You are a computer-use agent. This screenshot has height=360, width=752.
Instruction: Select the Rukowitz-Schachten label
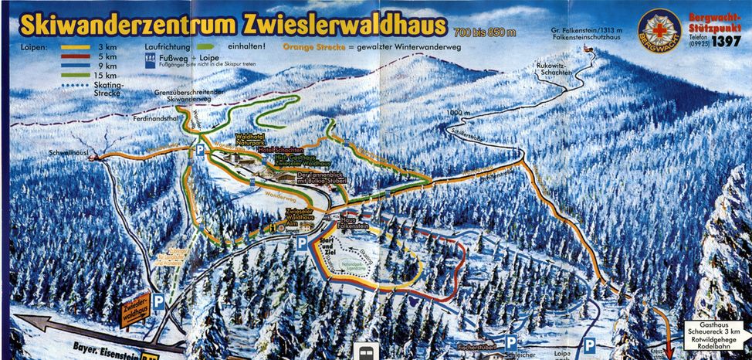[x=553, y=69]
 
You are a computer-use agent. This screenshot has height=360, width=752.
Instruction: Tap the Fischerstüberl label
[x=475, y=346]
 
